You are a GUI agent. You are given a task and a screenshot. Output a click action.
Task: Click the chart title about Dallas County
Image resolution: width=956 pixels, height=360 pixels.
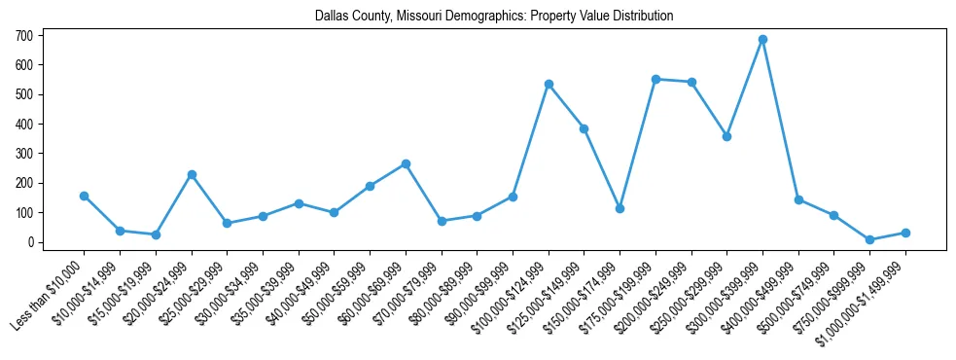493,17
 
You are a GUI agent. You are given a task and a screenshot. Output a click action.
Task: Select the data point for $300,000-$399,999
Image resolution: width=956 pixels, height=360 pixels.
762,40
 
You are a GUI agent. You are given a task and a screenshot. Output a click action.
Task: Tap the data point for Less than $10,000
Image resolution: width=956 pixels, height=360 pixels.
85,196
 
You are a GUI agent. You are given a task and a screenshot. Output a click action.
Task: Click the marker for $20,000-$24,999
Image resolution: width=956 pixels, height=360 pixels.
192,174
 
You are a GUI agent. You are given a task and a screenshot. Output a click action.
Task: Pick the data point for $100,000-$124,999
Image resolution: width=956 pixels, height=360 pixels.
549,84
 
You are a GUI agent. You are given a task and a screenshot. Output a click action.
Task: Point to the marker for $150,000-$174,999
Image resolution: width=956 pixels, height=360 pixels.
620,208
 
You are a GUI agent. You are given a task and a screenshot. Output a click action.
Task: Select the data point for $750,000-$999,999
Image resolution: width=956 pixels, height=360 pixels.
869,239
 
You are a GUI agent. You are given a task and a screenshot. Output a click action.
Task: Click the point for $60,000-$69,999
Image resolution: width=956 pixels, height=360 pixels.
406,163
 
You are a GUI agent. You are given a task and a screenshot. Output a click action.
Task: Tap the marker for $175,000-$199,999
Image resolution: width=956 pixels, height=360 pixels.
655,79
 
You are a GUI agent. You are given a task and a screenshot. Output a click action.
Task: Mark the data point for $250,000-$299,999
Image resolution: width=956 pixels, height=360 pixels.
726,136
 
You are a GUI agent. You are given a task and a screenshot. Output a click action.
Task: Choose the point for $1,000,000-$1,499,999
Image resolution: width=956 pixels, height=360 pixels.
905,233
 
